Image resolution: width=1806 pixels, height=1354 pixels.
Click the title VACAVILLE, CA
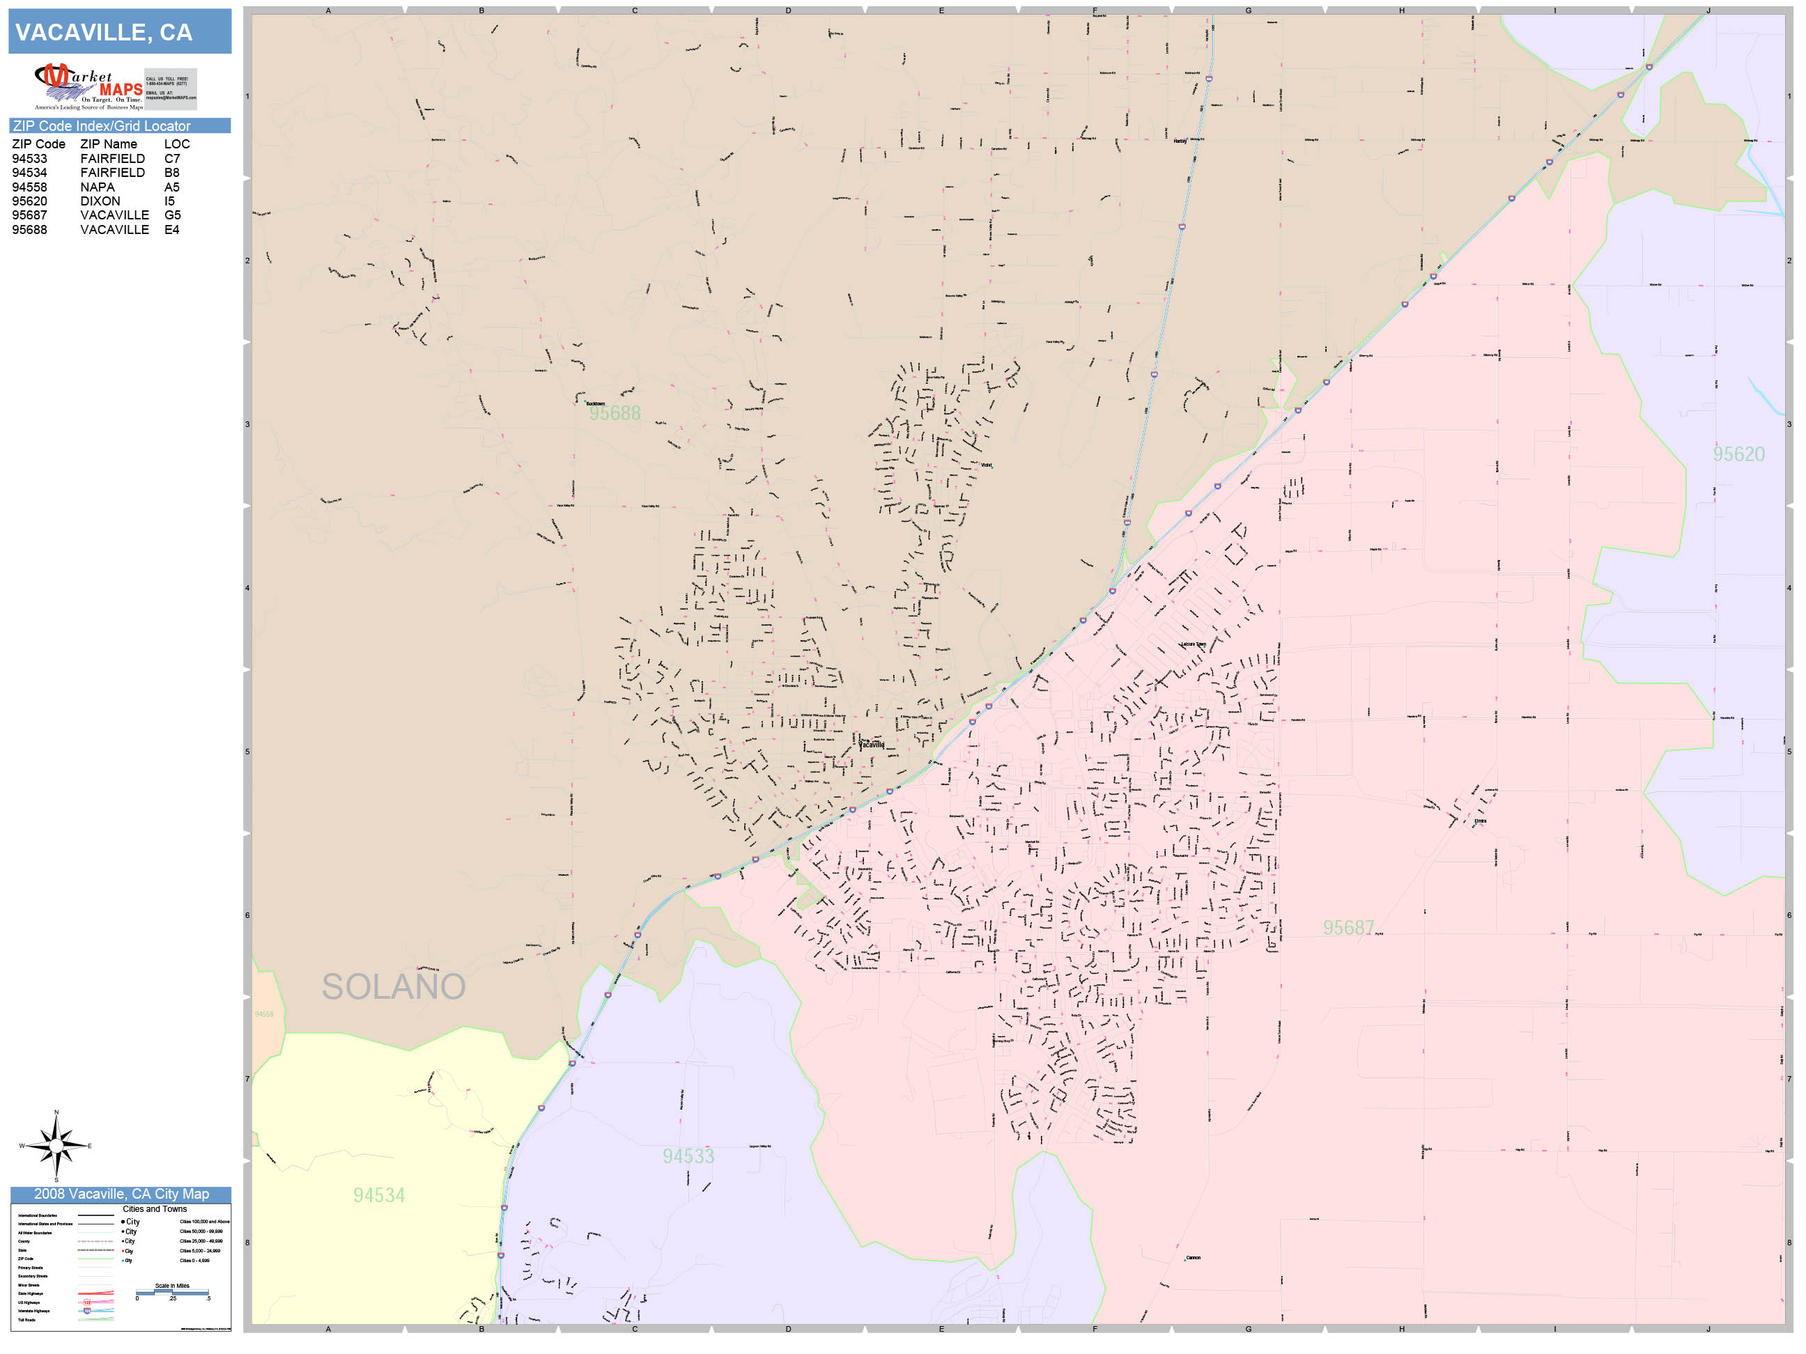click(x=104, y=33)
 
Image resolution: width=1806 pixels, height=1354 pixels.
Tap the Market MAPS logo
click(x=89, y=86)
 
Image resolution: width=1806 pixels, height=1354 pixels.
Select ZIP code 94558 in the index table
click(x=29, y=187)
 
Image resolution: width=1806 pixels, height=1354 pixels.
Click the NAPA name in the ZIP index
click(x=97, y=187)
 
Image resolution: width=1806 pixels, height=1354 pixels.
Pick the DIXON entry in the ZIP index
click(x=100, y=201)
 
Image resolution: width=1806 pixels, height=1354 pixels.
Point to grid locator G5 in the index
click(x=172, y=215)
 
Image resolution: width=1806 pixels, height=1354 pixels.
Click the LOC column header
click(x=176, y=143)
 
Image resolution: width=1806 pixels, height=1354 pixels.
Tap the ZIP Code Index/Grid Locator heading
click(x=101, y=125)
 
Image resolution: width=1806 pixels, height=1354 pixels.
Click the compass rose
click(x=56, y=1146)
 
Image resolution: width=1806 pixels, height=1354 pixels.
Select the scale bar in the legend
click(x=172, y=1293)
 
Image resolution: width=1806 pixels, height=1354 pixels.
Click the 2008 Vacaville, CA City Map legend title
click(x=121, y=1194)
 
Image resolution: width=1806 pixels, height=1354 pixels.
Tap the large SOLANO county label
click(x=394, y=987)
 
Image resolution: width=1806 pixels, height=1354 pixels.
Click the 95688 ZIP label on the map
click(x=615, y=414)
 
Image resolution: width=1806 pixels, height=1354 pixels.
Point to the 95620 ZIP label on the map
click(x=1738, y=455)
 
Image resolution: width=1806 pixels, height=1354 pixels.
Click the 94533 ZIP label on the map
click(x=688, y=1156)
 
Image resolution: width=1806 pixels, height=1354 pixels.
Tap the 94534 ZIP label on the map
click(x=379, y=1196)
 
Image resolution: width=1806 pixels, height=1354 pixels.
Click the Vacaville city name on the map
click(x=872, y=745)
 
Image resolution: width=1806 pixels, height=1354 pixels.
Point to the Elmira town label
click(x=1480, y=821)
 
